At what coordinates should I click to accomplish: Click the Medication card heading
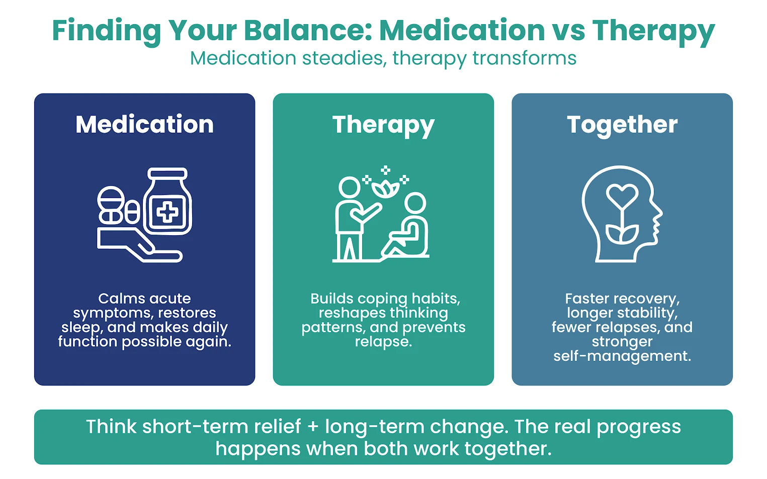pyautogui.click(x=144, y=124)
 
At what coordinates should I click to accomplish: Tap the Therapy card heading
pyautogui.click(x=383, y=125)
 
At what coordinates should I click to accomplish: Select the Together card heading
pyautogui.click(x=622, y=124)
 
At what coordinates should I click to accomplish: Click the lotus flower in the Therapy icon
pyautogui.click(x=385, y=189)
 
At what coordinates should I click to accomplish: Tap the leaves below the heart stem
pyautogui.click(x=622, y=234)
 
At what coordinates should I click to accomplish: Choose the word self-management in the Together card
pyautogui.click(x=622, y=356)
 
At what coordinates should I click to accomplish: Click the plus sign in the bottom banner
pyautogui.click(x=313, y=427)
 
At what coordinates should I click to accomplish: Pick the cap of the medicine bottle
pyautogui.click(x=167, y=174)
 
